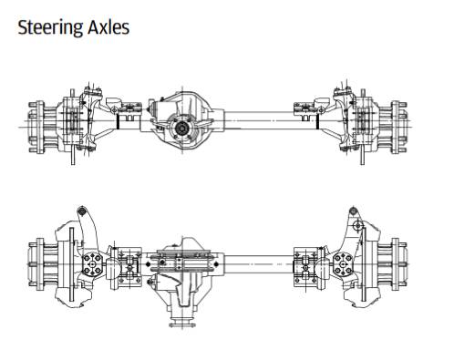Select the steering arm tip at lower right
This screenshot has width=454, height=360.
[x=356, y=215]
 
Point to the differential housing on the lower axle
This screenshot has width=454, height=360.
[x=186, y=273]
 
